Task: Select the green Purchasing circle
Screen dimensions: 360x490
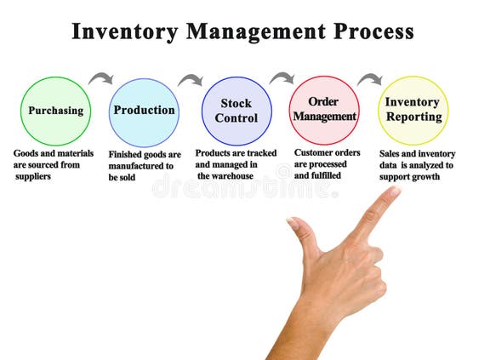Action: pyautogui.click(x=55, y=111)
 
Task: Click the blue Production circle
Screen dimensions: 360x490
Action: pyautogui.click(x=144, y=111)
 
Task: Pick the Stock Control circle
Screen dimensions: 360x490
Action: pyautogui.click(x=236, y=111)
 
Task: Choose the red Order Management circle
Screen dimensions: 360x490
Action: pyautogui.click(x=324, y=111)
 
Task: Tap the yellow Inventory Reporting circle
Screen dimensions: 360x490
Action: pyautogui.click(x=413, y=111)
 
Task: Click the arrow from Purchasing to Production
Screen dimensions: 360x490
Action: pyautogui.click(x=101, y=78)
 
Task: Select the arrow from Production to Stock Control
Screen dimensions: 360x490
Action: pyautogui.click(x=190, y=80)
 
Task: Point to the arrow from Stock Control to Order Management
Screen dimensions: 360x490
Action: pyautogui.click(x=282, y=78)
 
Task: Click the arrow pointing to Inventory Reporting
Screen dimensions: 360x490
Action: pyautogui.click(x=369, y=79)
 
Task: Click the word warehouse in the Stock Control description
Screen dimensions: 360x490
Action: pyautogui.click(x=228, y=176)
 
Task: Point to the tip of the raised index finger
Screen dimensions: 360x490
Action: pyautogui.click(x=394, y=192)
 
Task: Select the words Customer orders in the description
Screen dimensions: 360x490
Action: pyautogui.click(x=328, y=153)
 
